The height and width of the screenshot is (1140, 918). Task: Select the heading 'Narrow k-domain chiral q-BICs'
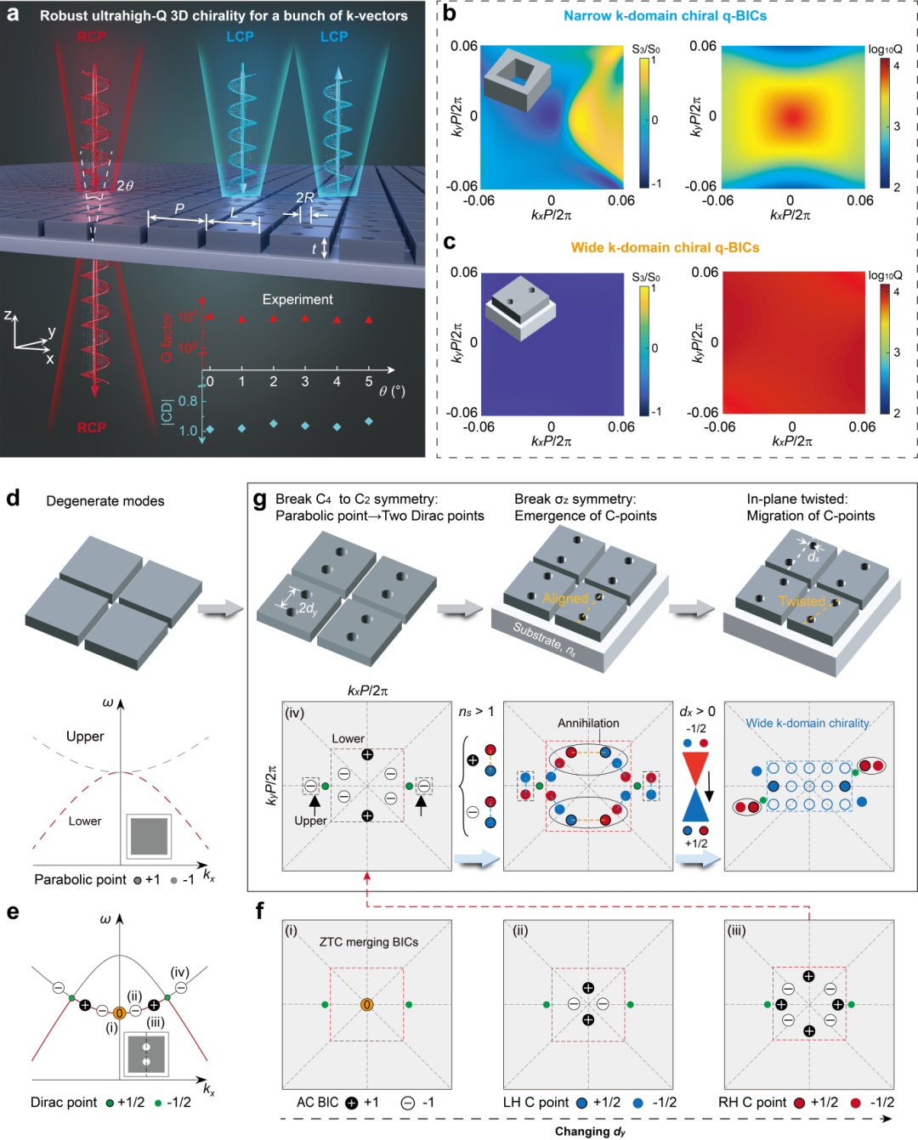pos(665,15)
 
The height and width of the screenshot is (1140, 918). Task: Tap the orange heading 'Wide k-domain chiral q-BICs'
pos(665,247)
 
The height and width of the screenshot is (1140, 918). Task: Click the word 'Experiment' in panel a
pos(297,300)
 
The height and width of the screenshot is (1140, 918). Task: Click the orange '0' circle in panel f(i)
pos(367,1005)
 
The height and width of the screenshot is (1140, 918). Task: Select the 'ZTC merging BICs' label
pos(369,942)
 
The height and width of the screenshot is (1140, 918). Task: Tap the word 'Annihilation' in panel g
pos(588,723)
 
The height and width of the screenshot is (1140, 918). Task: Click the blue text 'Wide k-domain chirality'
pos(807,723)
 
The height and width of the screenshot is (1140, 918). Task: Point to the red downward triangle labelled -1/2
pos(695,766)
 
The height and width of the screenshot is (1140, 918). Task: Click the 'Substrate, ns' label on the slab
pos(544,640)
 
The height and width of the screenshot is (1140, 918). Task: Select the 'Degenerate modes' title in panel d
pos(105,501)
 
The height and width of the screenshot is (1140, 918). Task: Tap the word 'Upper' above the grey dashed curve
pos(85,736)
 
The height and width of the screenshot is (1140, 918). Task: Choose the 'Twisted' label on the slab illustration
pos(802,601)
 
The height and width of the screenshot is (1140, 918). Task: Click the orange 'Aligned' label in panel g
pos(565,598)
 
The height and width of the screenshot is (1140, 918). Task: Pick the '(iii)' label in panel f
pos(736,930)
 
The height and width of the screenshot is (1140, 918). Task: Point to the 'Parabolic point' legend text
pos(80,879)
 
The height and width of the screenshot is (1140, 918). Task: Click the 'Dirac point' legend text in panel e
pos(64,1103)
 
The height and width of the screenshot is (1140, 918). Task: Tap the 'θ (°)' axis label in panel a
pos(391,391)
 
